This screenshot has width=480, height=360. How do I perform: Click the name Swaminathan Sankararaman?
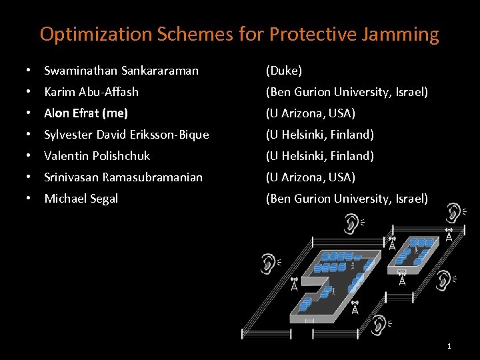click(x=121, y=70)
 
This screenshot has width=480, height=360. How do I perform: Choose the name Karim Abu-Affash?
click(x=91, y=91)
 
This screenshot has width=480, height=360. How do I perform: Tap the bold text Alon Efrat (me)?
click(x=86, y=113)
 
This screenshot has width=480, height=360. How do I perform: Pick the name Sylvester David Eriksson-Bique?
click(x=127, y=134)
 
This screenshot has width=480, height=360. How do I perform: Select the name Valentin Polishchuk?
click(x=97, y=155)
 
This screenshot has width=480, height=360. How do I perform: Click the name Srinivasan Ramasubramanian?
click(x=123, y=177)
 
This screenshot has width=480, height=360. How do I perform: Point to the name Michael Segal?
click(x=81, y=198)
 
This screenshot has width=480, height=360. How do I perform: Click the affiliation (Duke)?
click(x=283, y=70)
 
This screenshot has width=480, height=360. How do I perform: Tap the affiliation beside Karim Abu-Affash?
click(x=347, y=91)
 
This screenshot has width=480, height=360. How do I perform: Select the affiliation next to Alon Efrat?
click(x=310, y=113)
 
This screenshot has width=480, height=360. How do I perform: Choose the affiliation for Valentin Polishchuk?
click(x=319, y=155)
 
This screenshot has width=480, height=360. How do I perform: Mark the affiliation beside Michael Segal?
click(x=347, y=198)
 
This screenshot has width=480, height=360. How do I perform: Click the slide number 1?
click(x=449, y=346)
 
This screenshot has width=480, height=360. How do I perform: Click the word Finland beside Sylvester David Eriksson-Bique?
click(x=353, y=134)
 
